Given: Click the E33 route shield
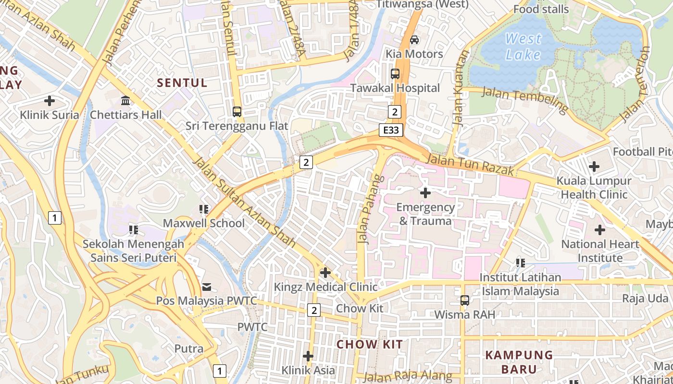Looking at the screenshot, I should tap(390, 130).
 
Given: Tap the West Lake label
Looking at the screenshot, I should tap(523, 47).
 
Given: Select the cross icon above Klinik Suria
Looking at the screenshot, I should tap(50, 101).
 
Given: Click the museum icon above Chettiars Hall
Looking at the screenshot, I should tap(126, 101).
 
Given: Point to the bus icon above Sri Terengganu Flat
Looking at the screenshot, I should tap(237, 112).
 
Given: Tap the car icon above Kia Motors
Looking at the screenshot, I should tap(414, 40).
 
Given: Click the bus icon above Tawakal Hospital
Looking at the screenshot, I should tap(395, 74).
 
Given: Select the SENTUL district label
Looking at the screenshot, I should tap(182, 83).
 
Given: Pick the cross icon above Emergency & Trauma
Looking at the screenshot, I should tap(425, 193).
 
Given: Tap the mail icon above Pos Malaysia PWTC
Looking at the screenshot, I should tap(207, 287).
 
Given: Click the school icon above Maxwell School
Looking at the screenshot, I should tap(204, 209).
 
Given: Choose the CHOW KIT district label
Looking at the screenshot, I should tap(369, 344).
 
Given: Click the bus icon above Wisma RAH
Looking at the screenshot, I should tap(464, 300).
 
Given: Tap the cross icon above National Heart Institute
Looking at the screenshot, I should tap(599, 230).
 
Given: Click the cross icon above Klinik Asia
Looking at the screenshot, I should tap(308, 357).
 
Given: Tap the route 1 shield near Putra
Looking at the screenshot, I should tap(220, 371).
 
